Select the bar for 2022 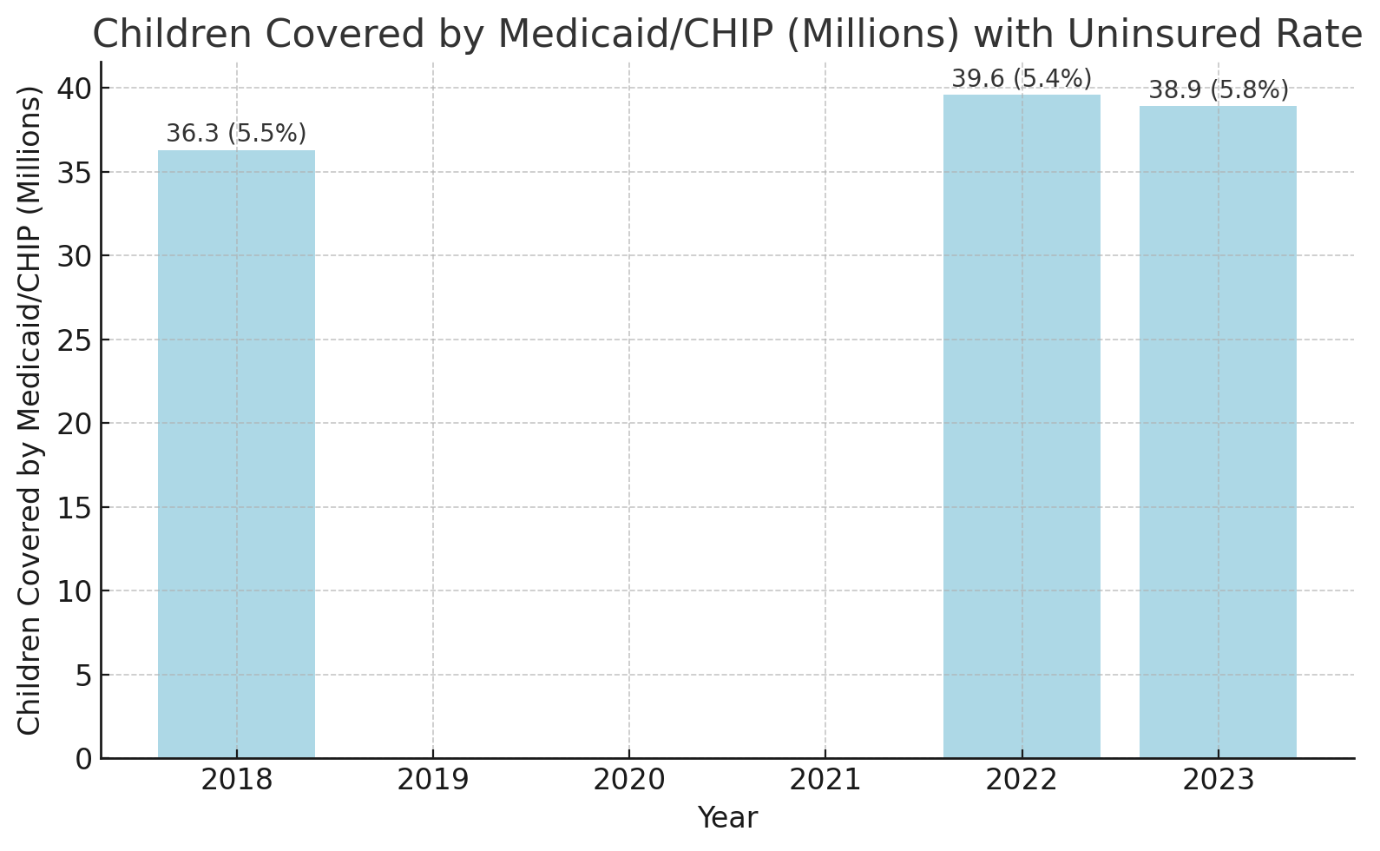point(1022,426)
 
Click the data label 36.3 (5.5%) point(236,134)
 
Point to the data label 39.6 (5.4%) point(1022,79)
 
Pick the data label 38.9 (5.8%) point(1218,90)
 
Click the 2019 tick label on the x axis point(432,780)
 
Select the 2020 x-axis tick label point(628,780)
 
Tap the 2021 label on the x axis point(825,780)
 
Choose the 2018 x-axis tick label point(236,780)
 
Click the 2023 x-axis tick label point(1218,780)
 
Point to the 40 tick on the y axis point(75,89)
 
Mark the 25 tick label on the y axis point(75,340)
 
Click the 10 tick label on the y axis point(75,591)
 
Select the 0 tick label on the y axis point(84,759)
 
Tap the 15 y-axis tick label point(75,507)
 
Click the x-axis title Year point(727,818)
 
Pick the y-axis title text point(30,410)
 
